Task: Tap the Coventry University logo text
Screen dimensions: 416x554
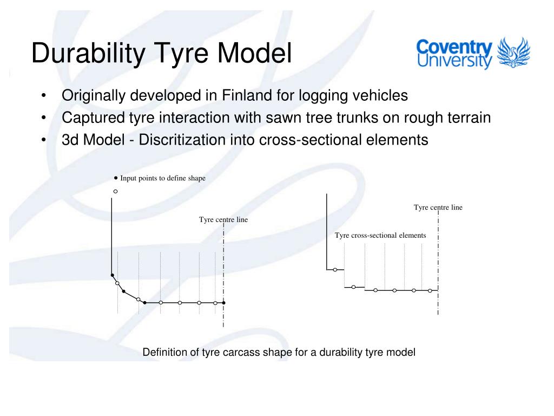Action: tap(454, 54)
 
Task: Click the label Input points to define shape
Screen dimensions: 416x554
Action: tap(162, 178)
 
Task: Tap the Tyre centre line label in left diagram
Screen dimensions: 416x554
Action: tap(223, 220)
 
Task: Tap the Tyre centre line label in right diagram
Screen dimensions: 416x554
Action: tap(438, 207)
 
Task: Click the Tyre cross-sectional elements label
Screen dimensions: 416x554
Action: tap(380, 236)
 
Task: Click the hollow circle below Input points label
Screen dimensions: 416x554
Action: tap(115, 191)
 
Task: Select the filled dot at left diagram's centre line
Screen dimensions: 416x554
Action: tap(224, 303)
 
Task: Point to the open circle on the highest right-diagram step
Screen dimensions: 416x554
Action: tap(335, 269)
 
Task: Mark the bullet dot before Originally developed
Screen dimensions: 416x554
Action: tap(43, 96)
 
